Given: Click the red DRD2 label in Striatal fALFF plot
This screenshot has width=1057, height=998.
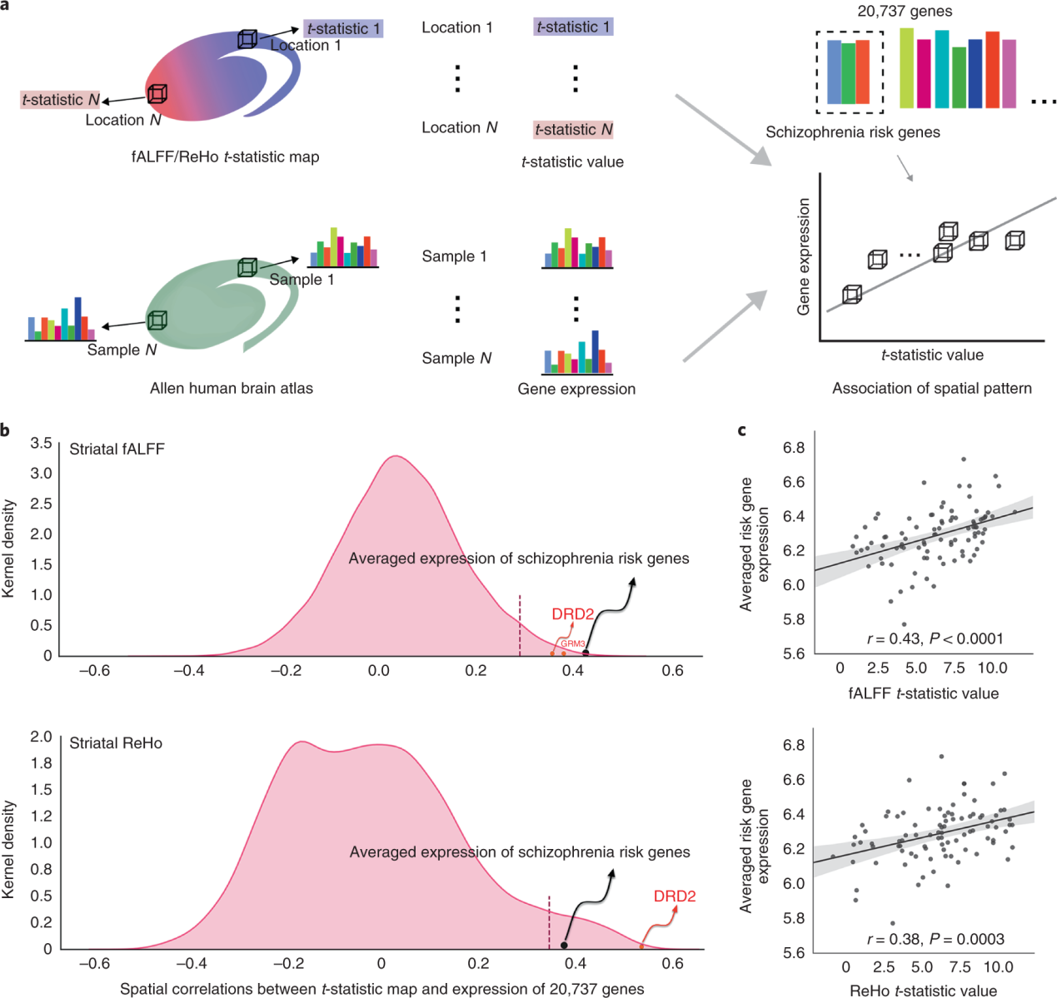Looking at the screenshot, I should (572, 614).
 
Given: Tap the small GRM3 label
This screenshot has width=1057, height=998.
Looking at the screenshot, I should (572, 643).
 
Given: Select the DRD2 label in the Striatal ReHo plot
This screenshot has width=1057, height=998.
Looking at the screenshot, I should (674, 896).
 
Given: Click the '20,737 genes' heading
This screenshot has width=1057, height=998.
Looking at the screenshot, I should (905, 12).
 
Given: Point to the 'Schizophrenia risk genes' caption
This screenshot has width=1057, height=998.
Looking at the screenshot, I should (853, 132).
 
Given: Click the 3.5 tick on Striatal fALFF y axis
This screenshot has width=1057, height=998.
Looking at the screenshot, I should (41, 443).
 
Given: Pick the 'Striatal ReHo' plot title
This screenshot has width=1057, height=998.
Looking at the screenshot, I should (116, 743).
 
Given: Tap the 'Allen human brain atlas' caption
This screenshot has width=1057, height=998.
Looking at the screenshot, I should (232, 388).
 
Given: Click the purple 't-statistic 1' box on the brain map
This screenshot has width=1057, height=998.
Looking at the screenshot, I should (343, 28).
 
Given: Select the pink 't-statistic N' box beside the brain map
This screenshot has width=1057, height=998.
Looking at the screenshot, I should (61, 100).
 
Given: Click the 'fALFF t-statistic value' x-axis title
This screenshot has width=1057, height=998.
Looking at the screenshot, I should (923, 693).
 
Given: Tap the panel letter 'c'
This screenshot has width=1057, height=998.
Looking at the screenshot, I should (741, 430).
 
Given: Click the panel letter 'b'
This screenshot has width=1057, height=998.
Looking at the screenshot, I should (6, 430).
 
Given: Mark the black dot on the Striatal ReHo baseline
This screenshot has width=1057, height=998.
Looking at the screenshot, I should (564, 946).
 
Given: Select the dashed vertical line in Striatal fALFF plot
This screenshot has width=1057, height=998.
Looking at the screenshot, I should (520, 625).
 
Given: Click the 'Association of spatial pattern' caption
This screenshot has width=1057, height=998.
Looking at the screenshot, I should (931, 388).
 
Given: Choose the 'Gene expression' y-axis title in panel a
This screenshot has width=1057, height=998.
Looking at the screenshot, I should (804, 256).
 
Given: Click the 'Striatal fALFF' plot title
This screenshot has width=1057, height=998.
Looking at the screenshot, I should (117, 449).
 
